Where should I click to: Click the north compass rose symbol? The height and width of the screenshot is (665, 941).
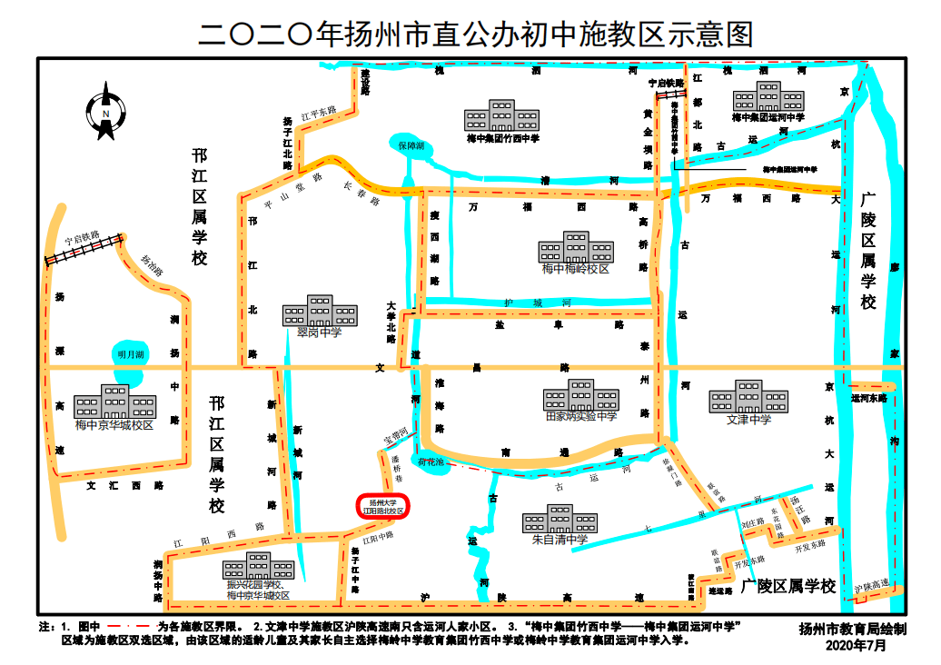[x=105, y=112]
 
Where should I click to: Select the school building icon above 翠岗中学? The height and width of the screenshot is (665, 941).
[x=319, y=311]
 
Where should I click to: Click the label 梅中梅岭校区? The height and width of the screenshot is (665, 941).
[x=576, y=269]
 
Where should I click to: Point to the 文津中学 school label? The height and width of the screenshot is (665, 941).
[x=748, y=419]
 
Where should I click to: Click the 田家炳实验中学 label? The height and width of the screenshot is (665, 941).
[x=581, y=416]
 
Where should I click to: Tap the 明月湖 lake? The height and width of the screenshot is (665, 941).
[x=130, y=354]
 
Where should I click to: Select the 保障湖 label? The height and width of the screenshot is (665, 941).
[x=411, y=144]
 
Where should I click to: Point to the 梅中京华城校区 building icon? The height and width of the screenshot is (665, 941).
[x=114, y=402]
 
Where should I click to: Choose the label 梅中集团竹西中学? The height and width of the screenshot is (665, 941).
[x=502, y=139]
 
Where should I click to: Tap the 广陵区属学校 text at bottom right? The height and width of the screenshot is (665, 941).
[x=787, y=587]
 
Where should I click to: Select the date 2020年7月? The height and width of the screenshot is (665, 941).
[x=856, y=645]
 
